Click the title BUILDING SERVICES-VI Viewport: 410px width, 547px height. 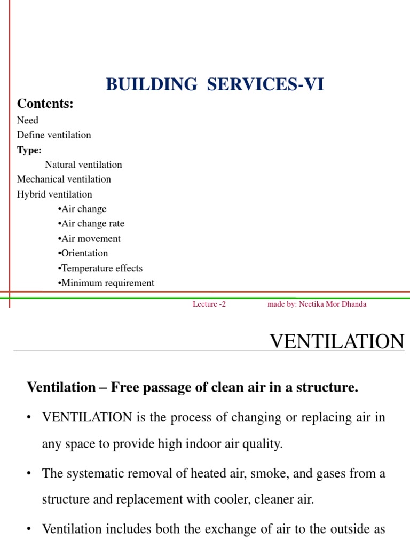pos(215,84)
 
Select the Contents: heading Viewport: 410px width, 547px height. pos(45,104)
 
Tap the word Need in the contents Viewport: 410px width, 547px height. pos(27,120)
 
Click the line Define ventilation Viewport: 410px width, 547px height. pos(54,135)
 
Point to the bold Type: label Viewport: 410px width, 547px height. pos(29,150)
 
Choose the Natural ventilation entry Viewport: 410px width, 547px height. pos(83,165)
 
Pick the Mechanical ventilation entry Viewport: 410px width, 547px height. pos(64,179)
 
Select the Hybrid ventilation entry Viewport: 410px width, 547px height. pos(54,194)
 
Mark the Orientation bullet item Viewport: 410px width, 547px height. pos(84,253)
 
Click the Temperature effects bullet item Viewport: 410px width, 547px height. pos(101,268)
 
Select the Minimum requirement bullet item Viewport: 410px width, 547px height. pos(107,283)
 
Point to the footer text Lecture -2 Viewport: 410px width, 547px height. pos(209,304)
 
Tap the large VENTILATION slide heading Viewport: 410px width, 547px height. pos(337,341)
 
